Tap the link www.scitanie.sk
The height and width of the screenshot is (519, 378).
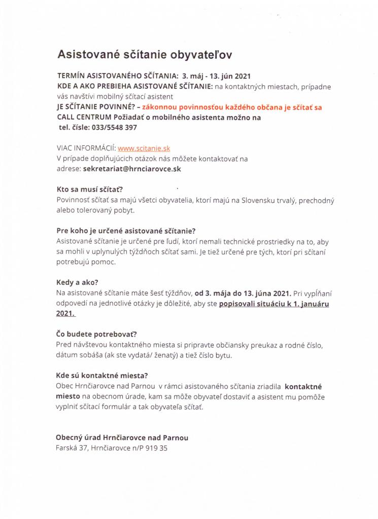tap(144, 149)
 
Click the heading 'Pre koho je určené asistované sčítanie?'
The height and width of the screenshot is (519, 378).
tap(126, 231)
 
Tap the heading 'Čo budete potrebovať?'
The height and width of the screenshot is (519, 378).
tap(96, 334)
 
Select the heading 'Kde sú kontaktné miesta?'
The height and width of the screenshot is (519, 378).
tap(101, 376)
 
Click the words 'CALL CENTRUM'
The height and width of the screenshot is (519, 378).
tap(83, 118)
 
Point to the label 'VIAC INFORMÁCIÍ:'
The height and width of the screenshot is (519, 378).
tap(86, 149)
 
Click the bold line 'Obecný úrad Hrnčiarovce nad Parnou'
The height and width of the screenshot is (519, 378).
tap(122, 437)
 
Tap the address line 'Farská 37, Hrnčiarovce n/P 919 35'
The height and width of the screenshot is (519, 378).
tap(111, 448)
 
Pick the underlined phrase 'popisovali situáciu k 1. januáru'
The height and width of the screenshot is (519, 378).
tap(274, 304)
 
